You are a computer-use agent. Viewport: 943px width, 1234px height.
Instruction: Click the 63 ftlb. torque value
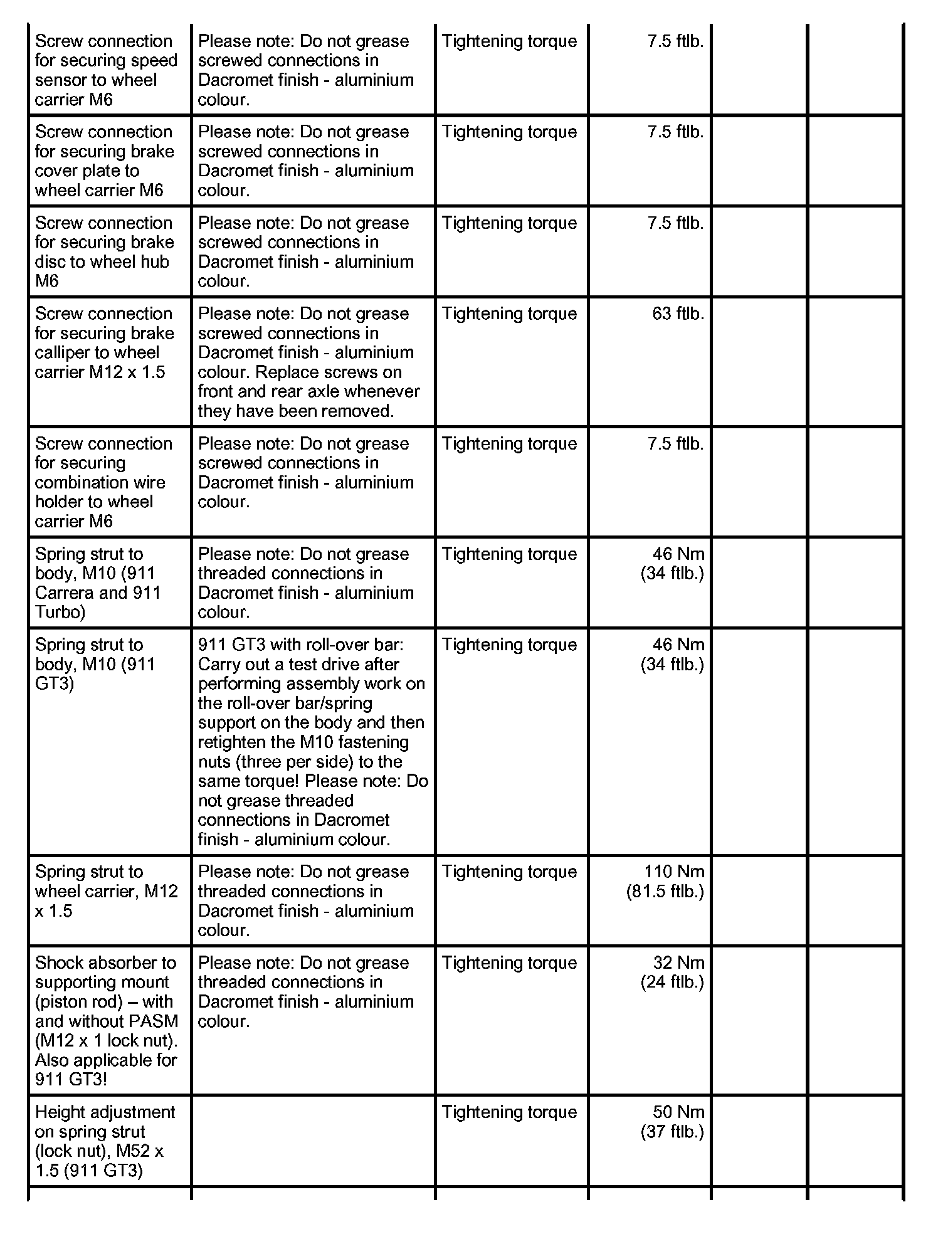678,314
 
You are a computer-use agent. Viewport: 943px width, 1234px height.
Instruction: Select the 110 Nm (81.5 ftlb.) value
665,881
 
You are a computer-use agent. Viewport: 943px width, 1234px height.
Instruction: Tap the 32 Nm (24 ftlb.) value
673,972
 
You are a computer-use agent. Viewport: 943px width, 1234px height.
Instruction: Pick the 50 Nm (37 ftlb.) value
673,1121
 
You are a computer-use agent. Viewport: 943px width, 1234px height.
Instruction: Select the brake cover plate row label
104,161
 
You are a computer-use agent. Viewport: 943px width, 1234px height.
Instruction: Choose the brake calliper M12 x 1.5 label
104,343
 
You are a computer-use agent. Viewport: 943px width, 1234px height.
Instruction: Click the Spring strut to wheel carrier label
106,891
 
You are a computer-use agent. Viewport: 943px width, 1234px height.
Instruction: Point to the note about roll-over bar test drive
312,742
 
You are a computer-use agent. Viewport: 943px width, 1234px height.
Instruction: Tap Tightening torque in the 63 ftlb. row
509,314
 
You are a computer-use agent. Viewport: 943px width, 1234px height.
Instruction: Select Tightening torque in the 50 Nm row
509,1112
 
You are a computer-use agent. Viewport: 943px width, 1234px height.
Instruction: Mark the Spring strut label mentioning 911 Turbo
98,583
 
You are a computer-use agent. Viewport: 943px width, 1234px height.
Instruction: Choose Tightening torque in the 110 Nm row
509,872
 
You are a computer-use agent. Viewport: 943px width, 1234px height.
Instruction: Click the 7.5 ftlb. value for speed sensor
675,41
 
